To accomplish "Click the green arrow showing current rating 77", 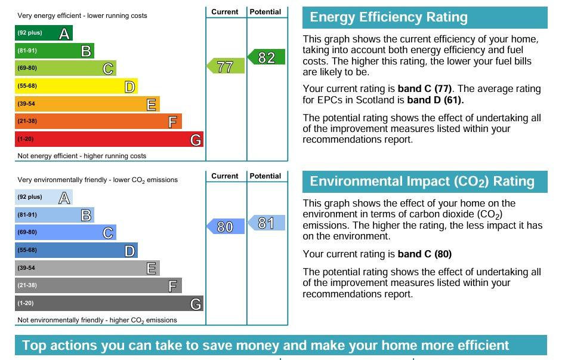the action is click(x=226, y=66).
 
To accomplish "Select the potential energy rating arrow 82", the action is click(x=266, y=57).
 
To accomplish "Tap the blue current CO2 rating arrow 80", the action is click(x=226, y=226).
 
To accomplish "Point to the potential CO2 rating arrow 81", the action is click(x=266, y=223).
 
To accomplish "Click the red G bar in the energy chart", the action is click(x=109, y=139).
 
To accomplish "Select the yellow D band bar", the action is click(x=76, y=86).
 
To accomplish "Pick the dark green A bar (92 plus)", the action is click(x=44, y=33).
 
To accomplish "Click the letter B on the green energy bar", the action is click(x=86, y=51).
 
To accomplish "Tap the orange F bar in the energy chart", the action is click(x=98, y=121).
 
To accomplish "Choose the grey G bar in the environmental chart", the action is click(x=109, y=303).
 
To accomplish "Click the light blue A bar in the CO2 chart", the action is click(x=44, y=197).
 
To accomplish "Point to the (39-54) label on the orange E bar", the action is click(x=26, y=104).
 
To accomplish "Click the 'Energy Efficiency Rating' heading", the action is click(x=388, y=17).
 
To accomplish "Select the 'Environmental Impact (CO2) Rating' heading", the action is click(x=422, y=181).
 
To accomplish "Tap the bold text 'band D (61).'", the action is click(x=436, y=100).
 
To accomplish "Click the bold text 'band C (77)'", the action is click(x=425, y=88).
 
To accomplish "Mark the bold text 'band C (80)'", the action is click(x=425, y=254).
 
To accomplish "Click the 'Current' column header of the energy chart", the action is click(x=225, y=12).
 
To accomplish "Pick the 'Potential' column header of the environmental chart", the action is click(x=265, y=176).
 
